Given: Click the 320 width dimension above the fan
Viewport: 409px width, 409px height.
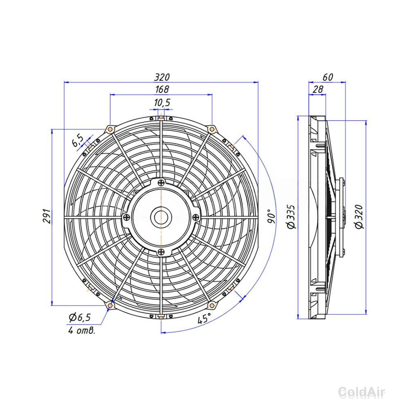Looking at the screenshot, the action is [162, 77].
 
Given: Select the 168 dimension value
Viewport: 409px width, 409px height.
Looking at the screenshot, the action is [162, 89].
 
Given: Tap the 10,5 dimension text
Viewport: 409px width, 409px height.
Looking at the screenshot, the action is [162, 103].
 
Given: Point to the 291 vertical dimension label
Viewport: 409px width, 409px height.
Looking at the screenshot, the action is [47, 216].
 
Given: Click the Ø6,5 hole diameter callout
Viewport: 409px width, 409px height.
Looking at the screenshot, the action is [80, 317].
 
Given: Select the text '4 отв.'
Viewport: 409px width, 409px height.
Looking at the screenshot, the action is [82, 330].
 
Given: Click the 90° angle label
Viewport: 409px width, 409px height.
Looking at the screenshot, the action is [271, 216].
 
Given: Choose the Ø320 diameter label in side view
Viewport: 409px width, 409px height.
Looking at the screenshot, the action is [359, 217].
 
